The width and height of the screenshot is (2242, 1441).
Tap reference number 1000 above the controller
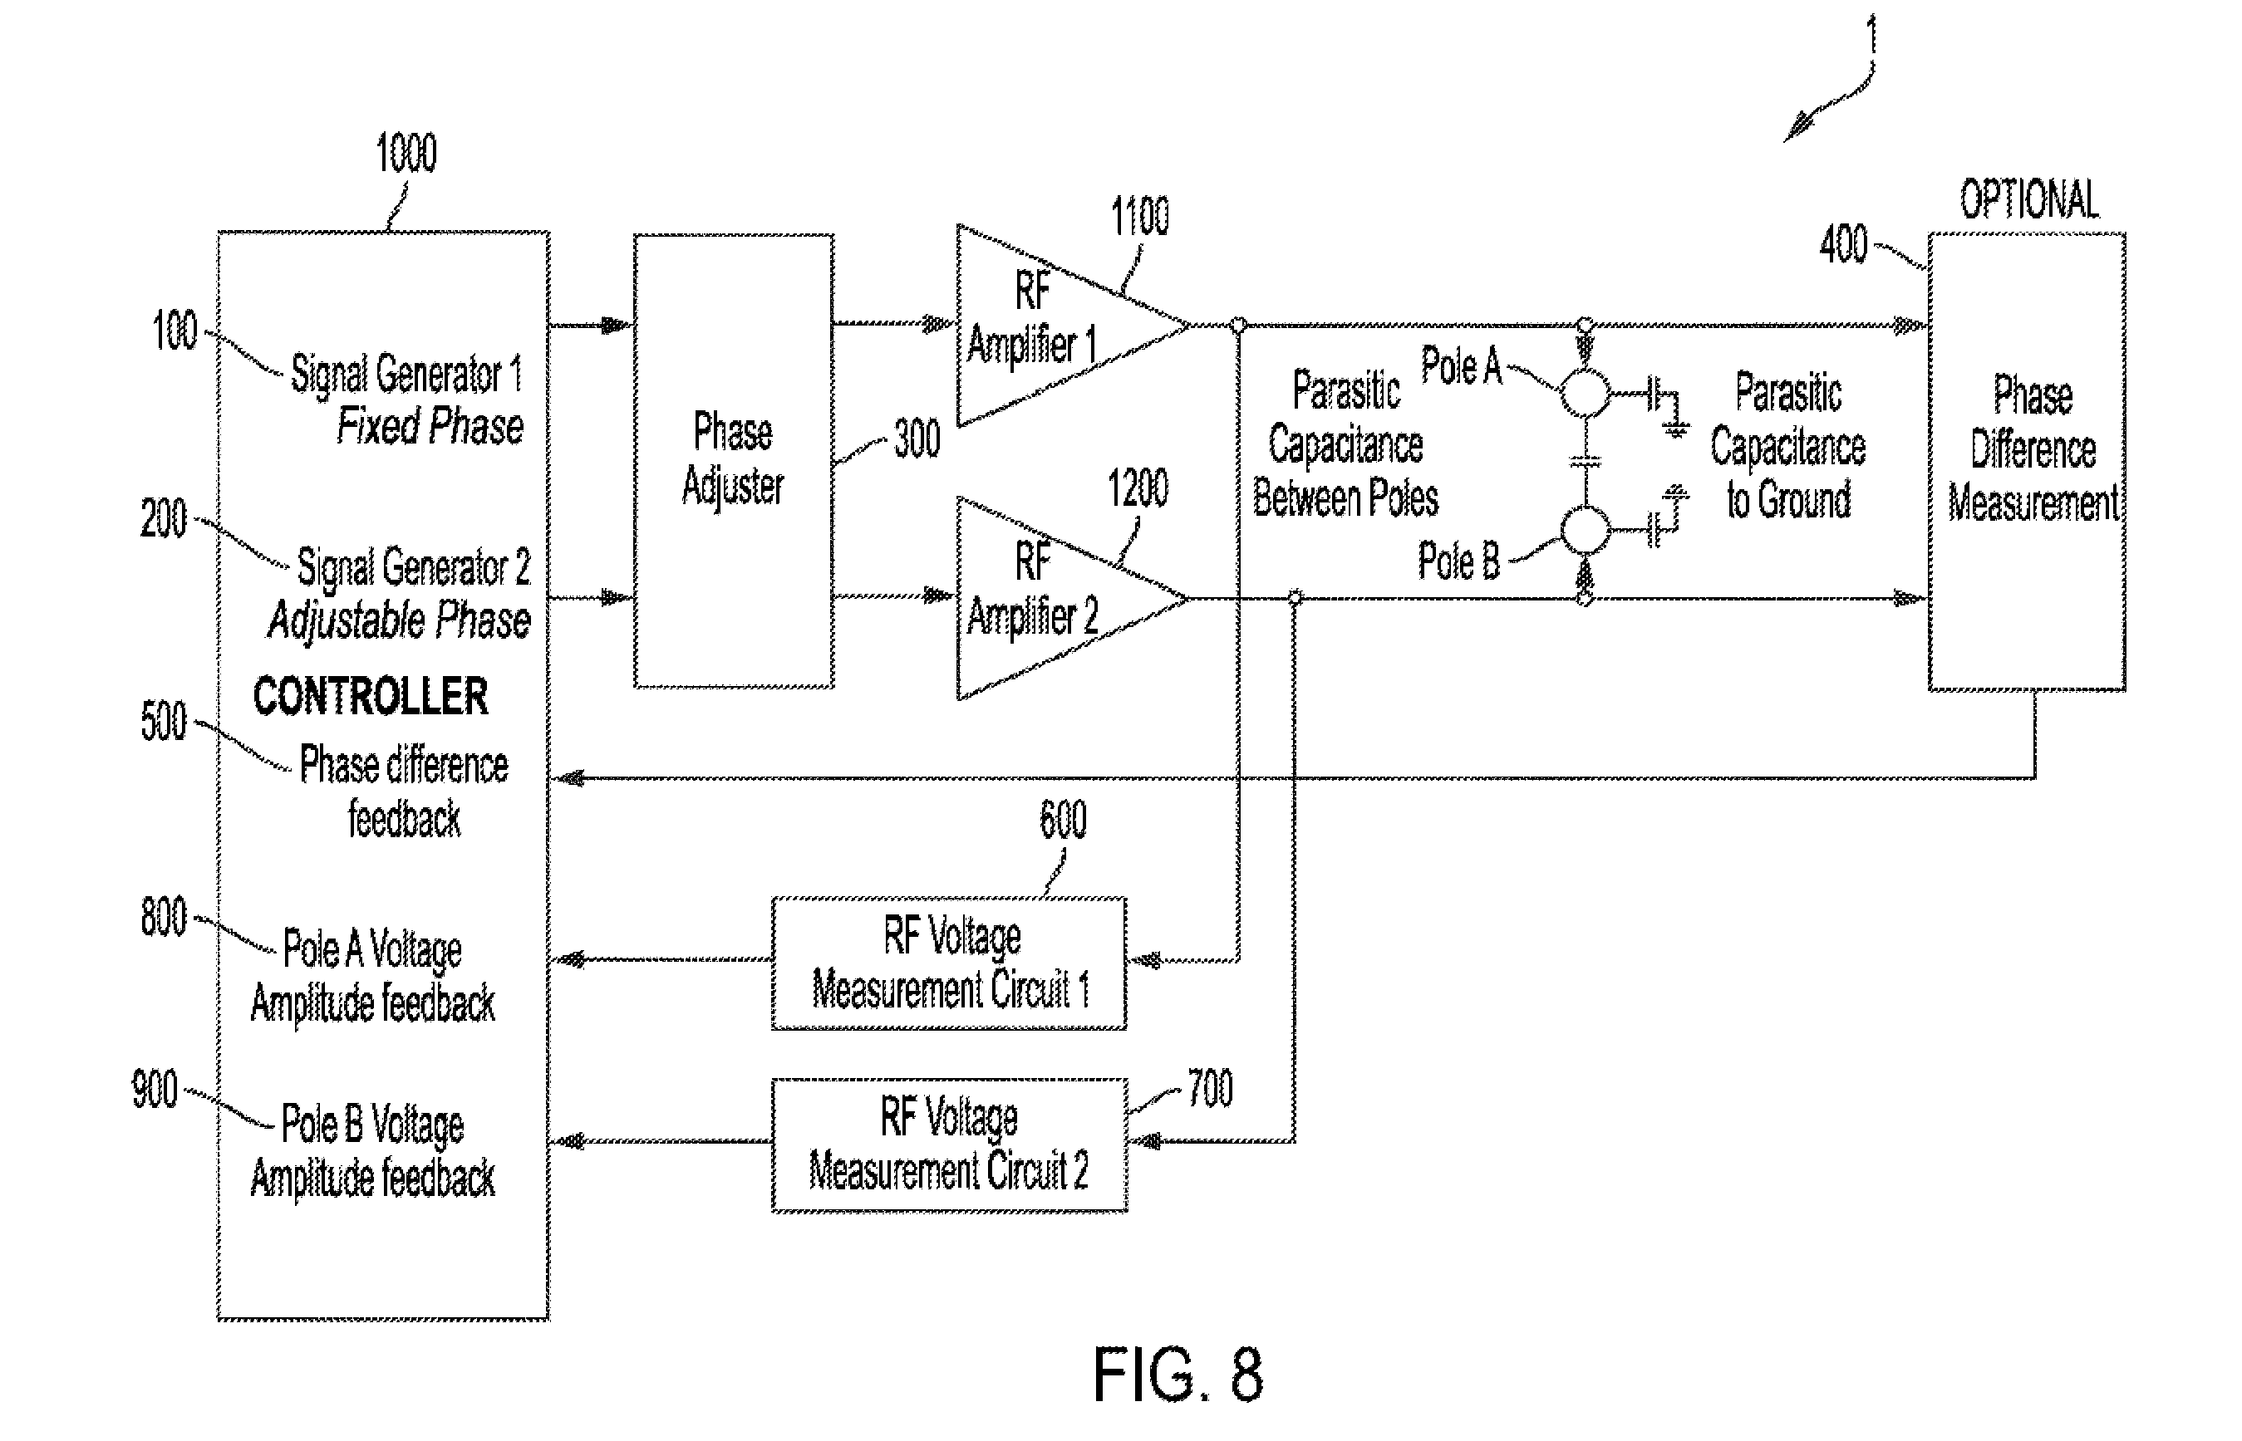[406, 153]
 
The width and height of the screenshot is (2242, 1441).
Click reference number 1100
[1139, 216]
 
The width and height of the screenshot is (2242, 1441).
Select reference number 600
[1063, 820]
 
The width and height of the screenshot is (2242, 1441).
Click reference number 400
[1843, 245]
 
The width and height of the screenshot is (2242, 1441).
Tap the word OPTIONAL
[2029, 199]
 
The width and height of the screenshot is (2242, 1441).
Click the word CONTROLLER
[371, 697]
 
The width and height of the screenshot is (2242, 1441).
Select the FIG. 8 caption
[1178, 1375]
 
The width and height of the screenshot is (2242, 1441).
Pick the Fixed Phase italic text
[430, 427]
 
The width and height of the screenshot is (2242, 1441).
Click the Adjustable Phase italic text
[400, 620]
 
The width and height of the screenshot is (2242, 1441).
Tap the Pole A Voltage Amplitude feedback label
[372, 977]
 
